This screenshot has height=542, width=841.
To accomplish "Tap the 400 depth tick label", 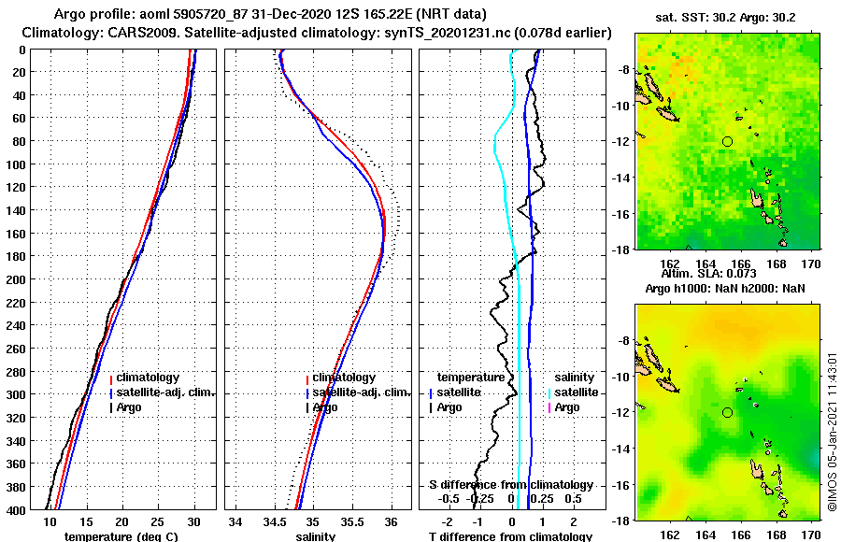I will pos(18,510).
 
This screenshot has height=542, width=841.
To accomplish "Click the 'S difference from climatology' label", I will pos(511,485).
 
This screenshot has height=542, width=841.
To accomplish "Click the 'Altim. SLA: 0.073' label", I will pos(723,274).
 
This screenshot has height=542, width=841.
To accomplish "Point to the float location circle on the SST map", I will pos(727,141).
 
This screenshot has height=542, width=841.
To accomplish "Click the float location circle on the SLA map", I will pos(727,412).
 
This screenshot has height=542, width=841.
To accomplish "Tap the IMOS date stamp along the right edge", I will pos(832,430).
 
